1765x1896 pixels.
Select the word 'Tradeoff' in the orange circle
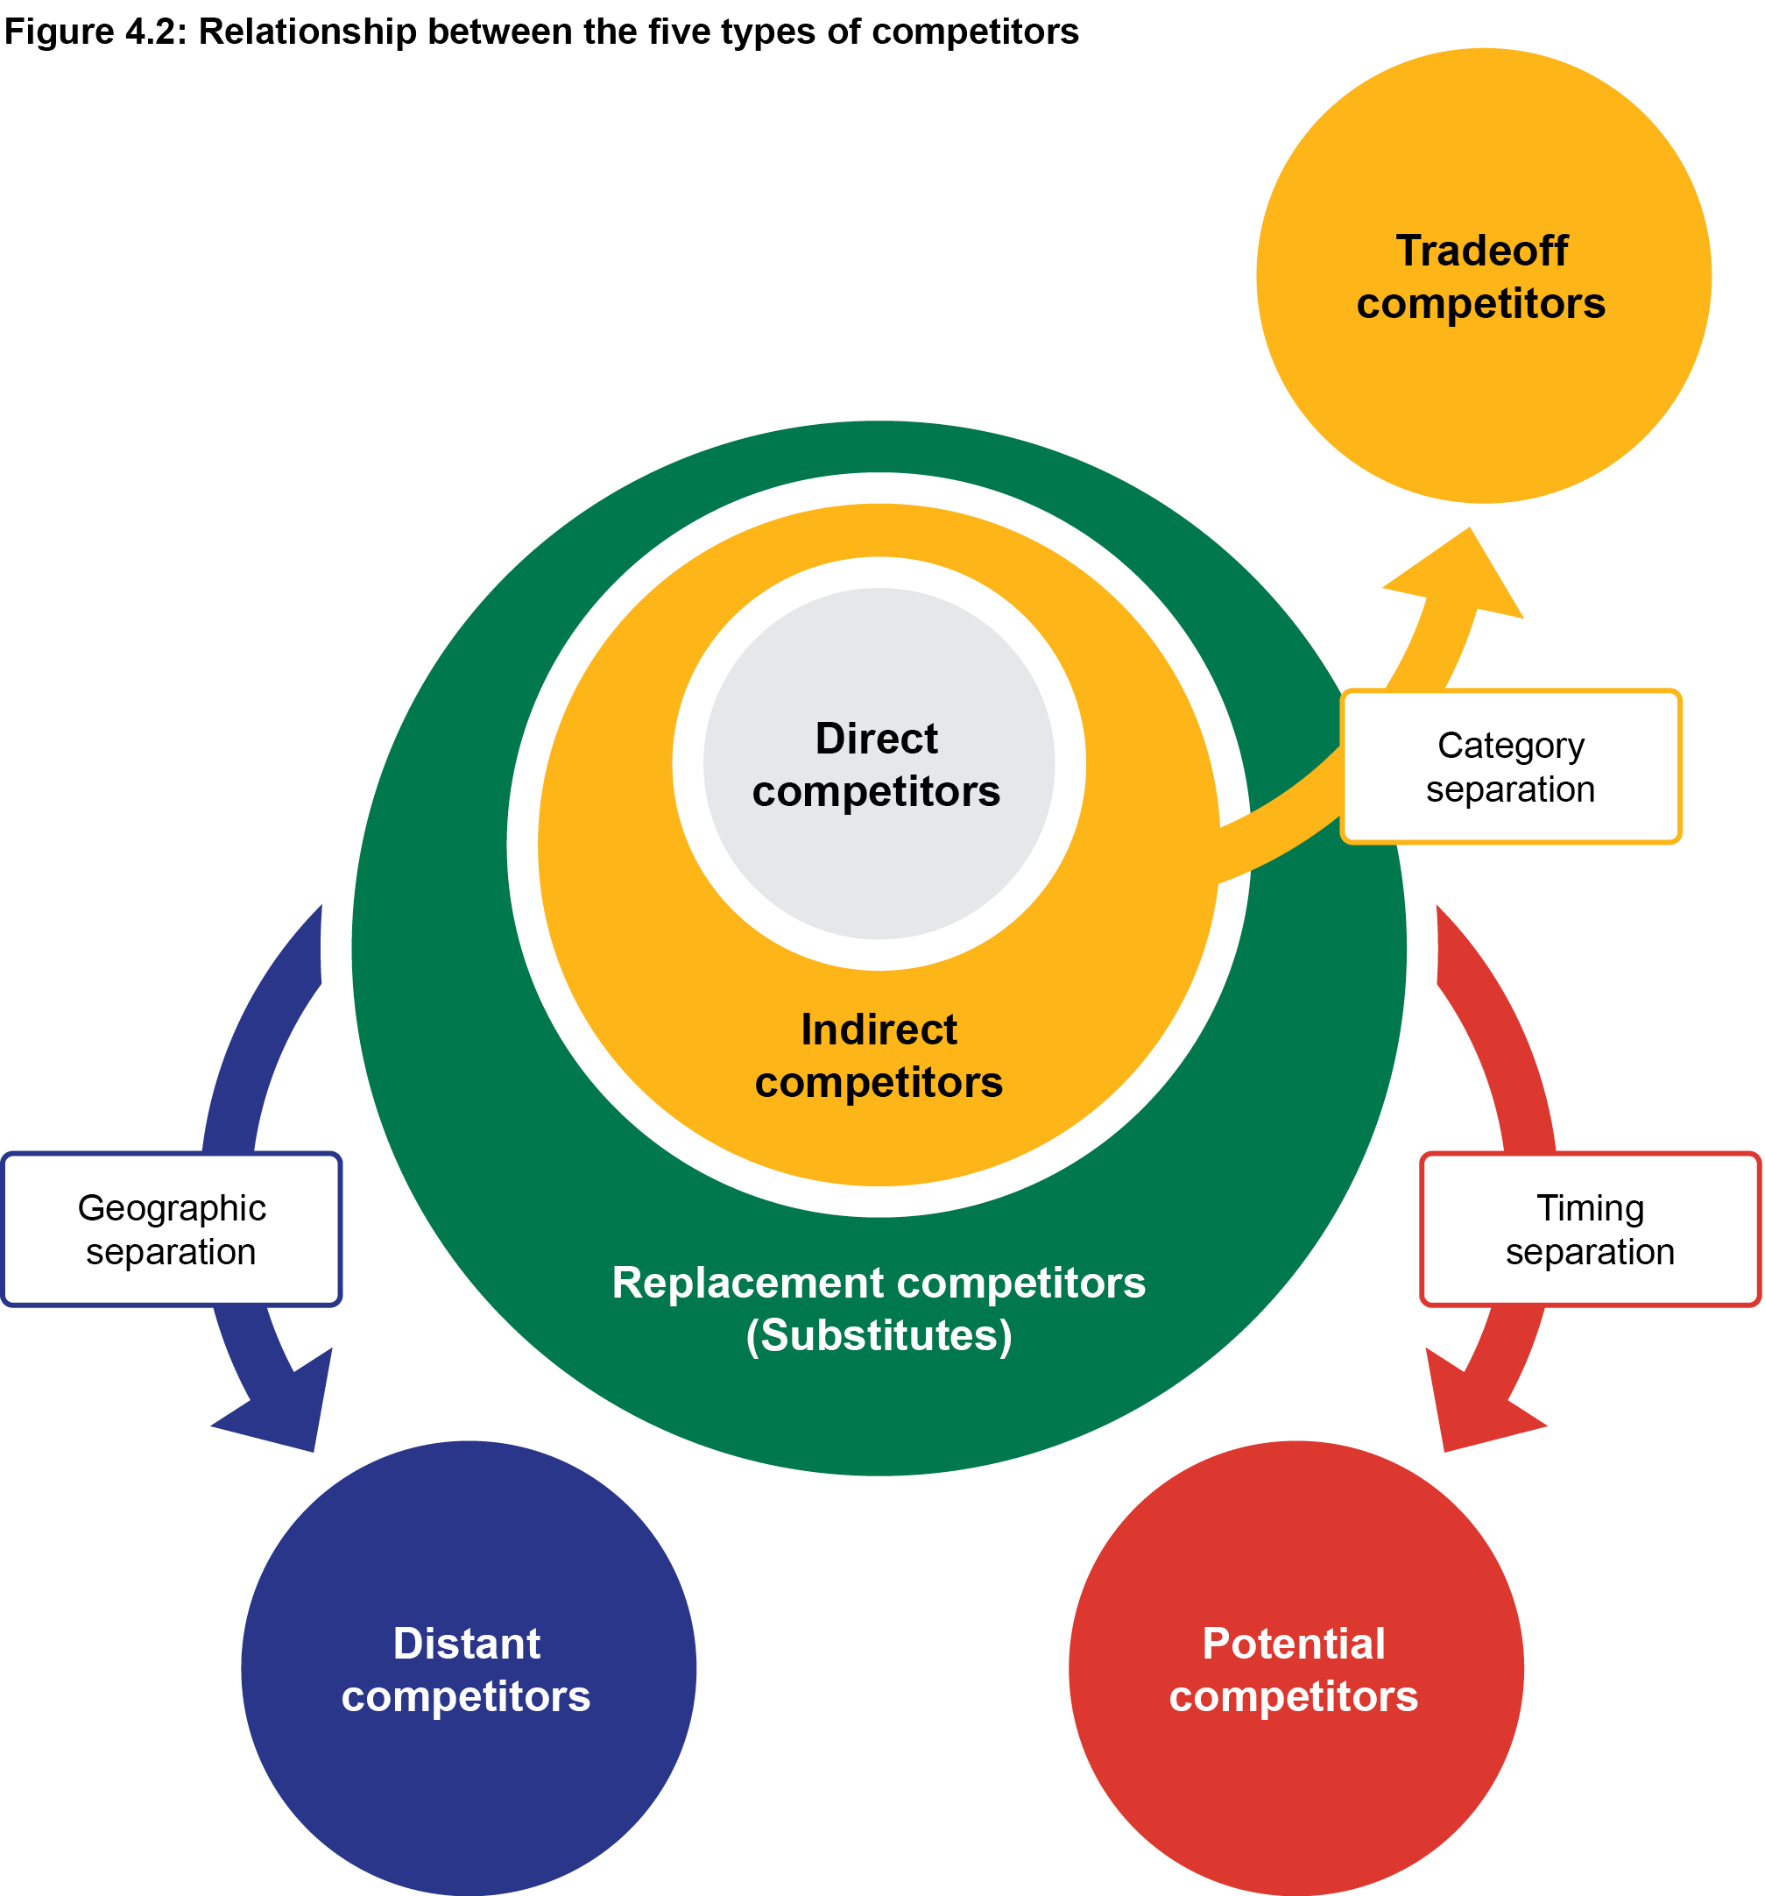1481,251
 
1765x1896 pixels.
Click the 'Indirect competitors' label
879,1056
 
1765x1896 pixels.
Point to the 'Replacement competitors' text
879,1283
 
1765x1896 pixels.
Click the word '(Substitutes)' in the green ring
879,1335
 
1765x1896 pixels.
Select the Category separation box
1509,767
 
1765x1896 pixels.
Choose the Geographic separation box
172,1229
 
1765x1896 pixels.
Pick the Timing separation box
1590,1229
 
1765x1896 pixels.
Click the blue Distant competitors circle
469,1765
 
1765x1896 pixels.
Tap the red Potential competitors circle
1295,1765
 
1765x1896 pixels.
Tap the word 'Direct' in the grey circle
876,739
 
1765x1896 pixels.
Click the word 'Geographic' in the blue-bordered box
172,1207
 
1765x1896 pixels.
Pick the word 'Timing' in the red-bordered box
1590,1207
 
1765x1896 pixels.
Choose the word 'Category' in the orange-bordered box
1510,745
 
